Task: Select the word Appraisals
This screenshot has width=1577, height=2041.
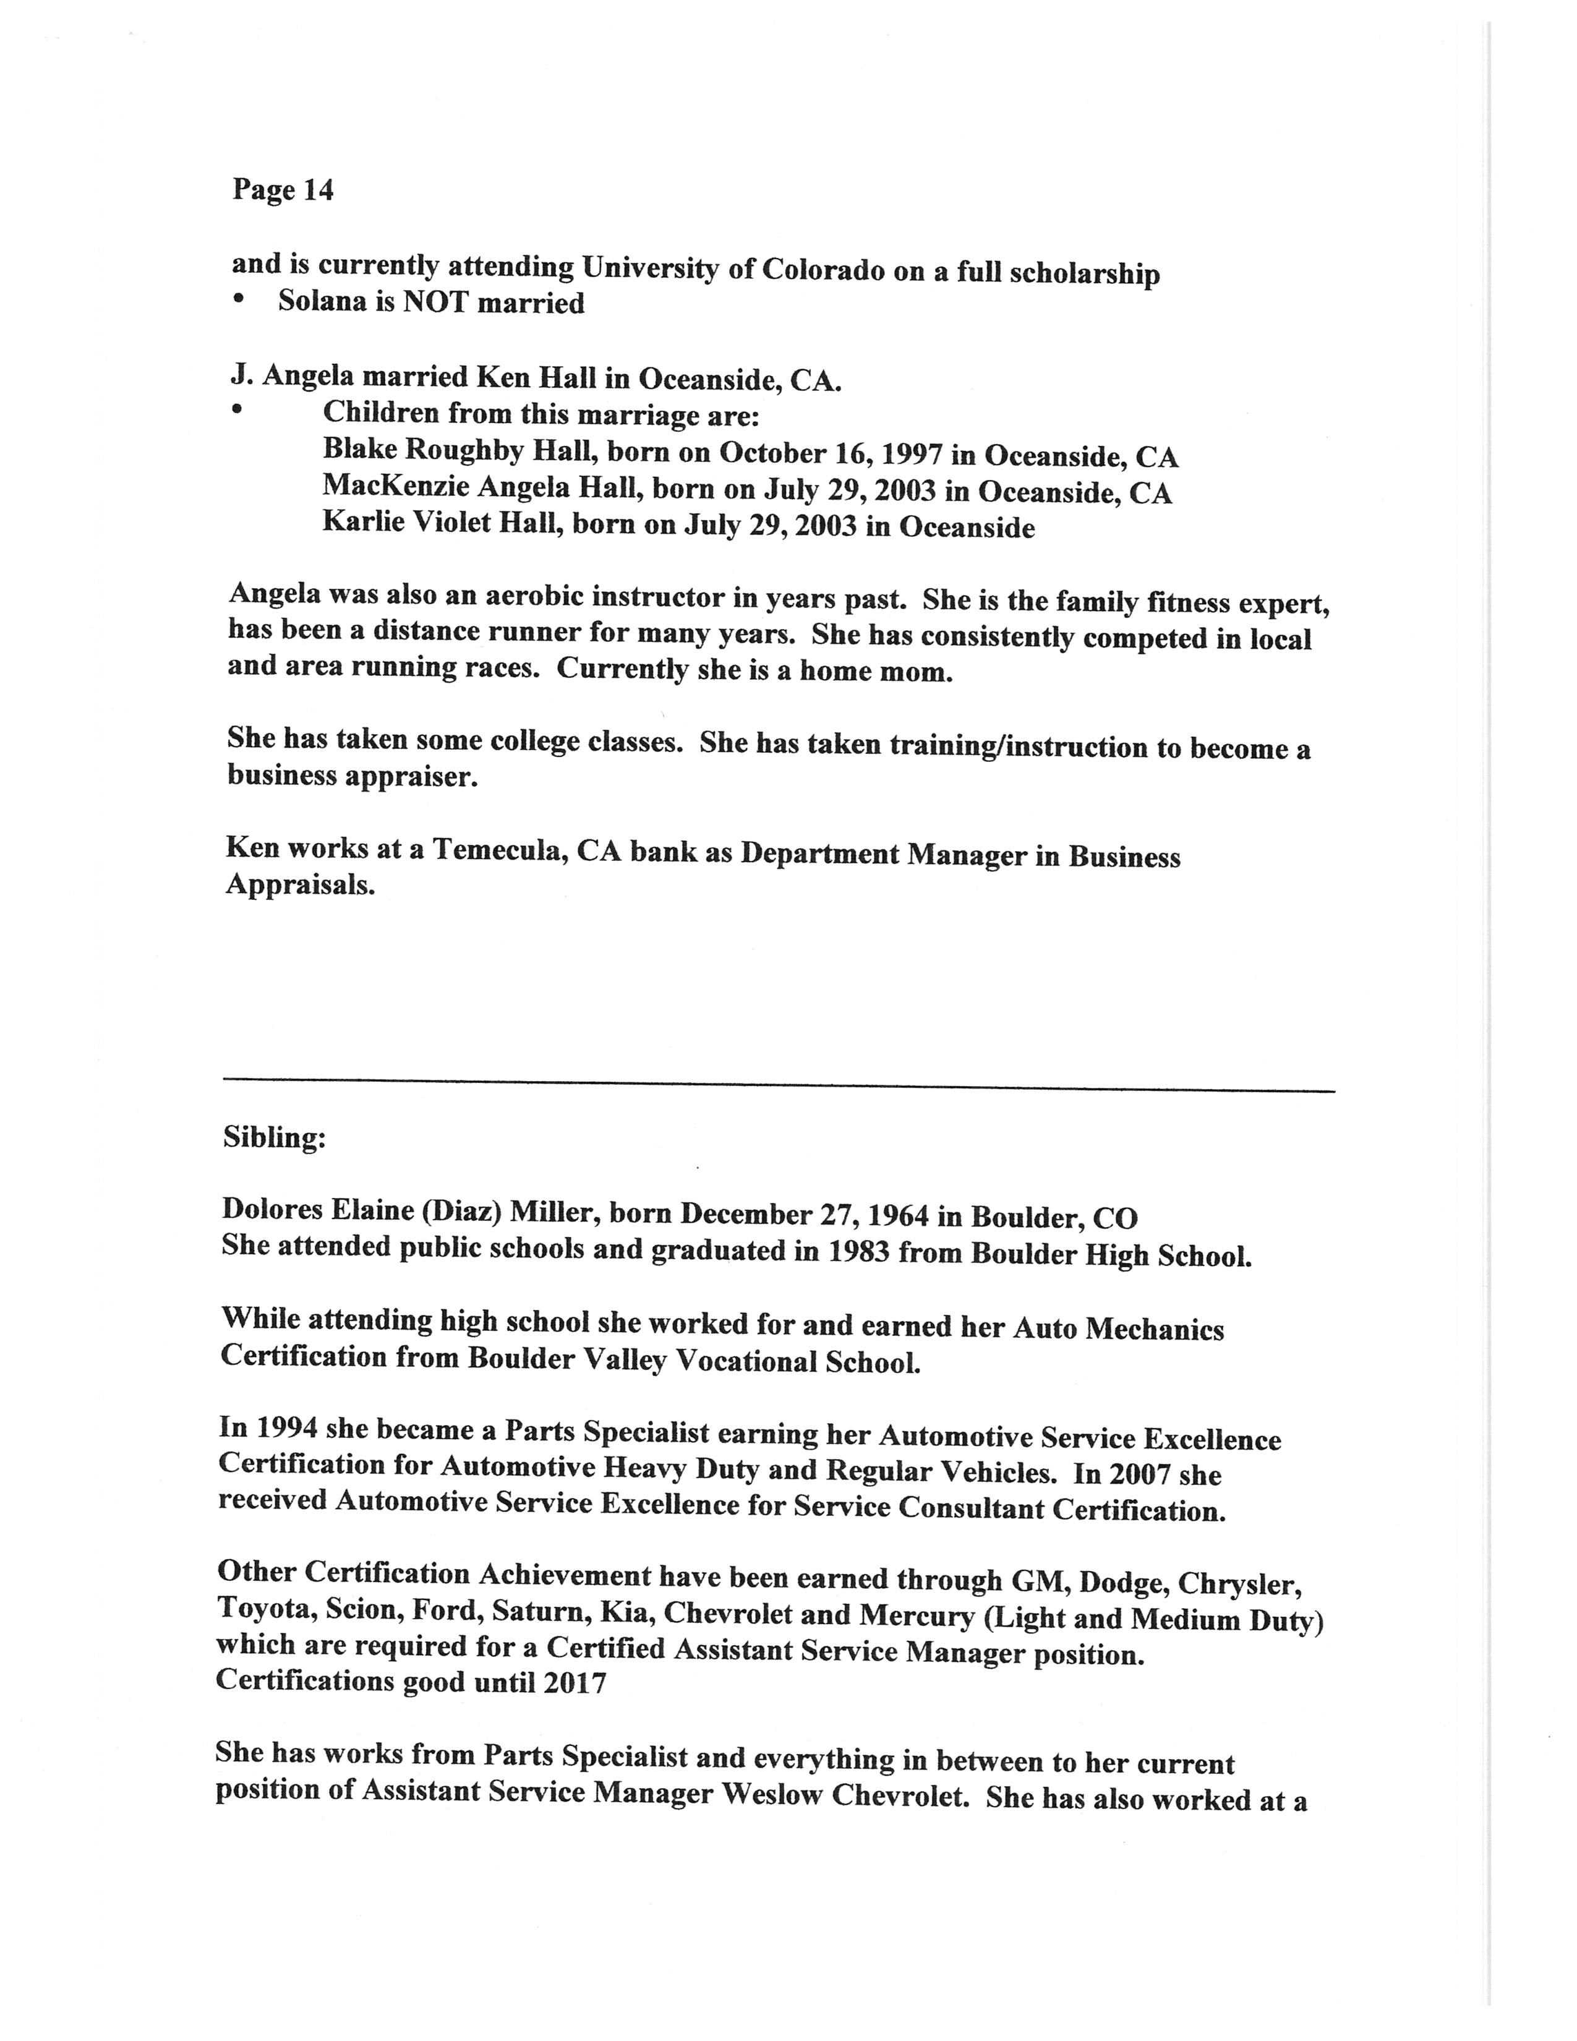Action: [300, 885]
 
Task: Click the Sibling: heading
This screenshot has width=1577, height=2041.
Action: [275, 1137]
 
